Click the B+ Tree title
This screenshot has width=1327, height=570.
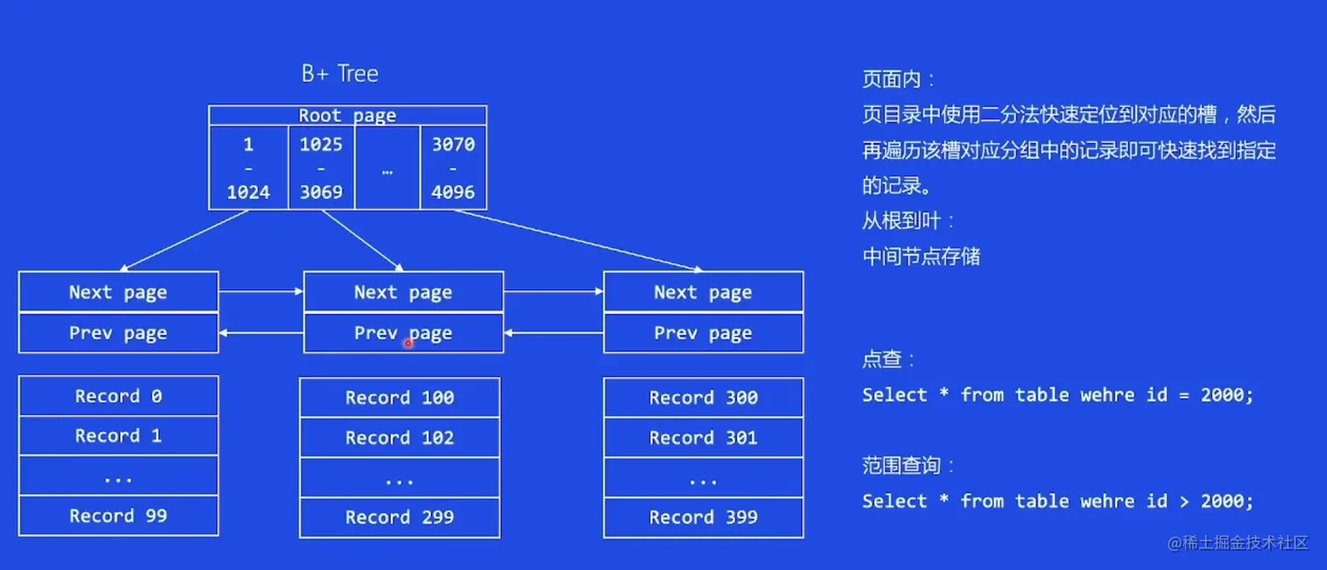340,74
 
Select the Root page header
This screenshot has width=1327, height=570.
348,115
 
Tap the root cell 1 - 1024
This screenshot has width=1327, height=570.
248,167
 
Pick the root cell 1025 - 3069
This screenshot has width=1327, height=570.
321,167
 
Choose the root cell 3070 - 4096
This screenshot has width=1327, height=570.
453,167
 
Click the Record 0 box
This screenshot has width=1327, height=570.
118,396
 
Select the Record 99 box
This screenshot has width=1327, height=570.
118,516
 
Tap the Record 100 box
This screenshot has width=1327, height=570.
399,398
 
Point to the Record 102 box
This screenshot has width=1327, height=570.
399,438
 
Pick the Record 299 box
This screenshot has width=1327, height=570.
399,517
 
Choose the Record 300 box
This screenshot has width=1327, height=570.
703,398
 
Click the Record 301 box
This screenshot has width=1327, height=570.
703,438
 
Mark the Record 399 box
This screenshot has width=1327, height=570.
703,517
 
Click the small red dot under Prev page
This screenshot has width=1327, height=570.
408,344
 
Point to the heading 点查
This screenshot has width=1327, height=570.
888,360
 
